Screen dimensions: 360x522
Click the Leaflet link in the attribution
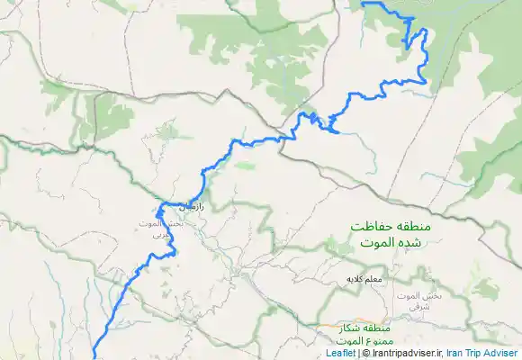pos(341,354)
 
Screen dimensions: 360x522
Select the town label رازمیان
pos(191,207)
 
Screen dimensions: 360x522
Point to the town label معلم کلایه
pos(365,280)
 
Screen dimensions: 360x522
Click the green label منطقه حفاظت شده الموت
pos(393,235)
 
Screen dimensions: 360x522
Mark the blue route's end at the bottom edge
pos(94,357)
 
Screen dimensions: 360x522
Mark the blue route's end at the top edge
pos(364,3)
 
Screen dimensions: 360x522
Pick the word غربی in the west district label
pos(159,234)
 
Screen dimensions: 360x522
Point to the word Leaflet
pos(341,354)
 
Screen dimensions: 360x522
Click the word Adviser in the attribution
pos(500,354)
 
